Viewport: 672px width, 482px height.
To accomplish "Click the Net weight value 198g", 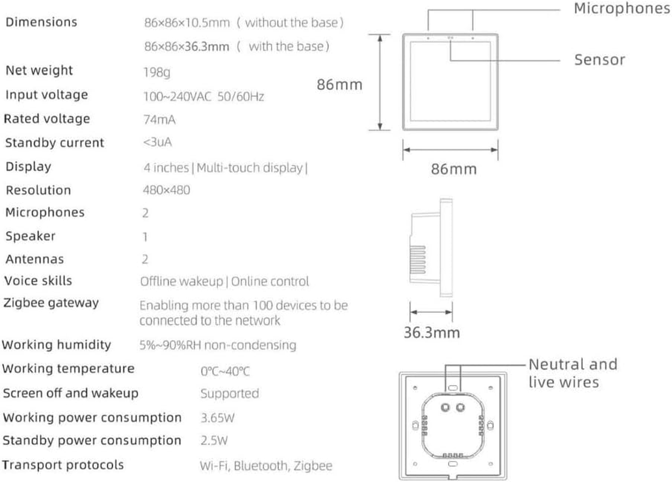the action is tap(157, 72).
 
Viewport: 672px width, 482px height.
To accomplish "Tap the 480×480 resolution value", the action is tap(166, 190).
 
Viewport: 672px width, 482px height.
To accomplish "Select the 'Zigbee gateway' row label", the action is tap(51, 303).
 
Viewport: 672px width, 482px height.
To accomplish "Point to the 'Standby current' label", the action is tap(54, 143).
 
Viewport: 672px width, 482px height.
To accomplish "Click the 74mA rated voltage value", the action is tap(160, 120).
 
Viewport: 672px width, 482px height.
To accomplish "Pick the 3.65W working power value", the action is tap(217, 418).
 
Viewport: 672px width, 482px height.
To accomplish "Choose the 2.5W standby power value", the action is tap(214, 441).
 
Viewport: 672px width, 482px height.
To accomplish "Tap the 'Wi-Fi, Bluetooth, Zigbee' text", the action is tap(266, 466).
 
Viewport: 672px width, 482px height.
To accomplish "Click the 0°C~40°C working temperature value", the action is tap(225, 371).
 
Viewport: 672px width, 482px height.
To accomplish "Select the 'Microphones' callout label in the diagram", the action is tap(622, 8).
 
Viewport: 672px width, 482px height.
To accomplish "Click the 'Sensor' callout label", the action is tap(600, 60).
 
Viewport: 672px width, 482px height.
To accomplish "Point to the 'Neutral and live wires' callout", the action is tap(573, 373).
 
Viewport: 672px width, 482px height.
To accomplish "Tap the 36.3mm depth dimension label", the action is tap(432, 333).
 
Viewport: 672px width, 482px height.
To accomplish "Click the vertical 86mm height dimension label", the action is tap(340, 85).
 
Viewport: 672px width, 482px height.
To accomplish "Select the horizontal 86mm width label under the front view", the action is tap(454, 169).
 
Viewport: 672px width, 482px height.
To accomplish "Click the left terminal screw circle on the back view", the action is tap(445, 407).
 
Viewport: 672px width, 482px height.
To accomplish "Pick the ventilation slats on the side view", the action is tap(418, 260).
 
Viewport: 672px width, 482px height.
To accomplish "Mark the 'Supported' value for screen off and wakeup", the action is tap(229, 393).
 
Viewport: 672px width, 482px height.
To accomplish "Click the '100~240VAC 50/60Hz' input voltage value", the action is tap(204, 96).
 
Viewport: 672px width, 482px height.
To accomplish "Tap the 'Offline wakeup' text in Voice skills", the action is tap(182, 281).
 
